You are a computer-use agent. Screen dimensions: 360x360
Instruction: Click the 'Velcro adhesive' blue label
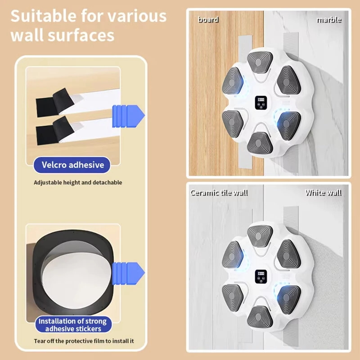[72, 165]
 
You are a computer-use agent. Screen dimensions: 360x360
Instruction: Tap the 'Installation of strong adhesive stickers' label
[73, 324]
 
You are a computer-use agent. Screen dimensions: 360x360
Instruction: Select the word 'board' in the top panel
[208, 20]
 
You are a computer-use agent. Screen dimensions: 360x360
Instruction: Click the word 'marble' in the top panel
[329, 20]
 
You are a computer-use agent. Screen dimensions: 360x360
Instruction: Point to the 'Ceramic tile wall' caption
[219, 193]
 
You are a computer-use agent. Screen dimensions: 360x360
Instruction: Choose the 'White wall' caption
[323, 193]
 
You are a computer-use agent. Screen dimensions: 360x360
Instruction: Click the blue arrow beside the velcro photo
[128, 116]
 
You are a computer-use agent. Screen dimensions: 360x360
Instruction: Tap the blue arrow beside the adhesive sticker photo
[128, 274]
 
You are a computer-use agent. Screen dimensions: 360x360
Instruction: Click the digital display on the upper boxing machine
[261, 103]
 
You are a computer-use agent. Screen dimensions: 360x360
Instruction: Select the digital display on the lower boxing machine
[261, 276]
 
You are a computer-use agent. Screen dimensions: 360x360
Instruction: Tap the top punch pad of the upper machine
[260, 62]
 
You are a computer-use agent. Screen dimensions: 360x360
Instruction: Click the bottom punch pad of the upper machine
[260, 143]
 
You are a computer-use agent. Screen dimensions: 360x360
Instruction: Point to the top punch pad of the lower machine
[260, 236]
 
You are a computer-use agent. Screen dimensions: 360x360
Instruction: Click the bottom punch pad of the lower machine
[260, 317]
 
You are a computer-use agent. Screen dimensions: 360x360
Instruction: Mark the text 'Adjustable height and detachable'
[78, 183]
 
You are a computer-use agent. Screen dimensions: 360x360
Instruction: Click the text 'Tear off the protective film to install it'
[84, 341]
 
